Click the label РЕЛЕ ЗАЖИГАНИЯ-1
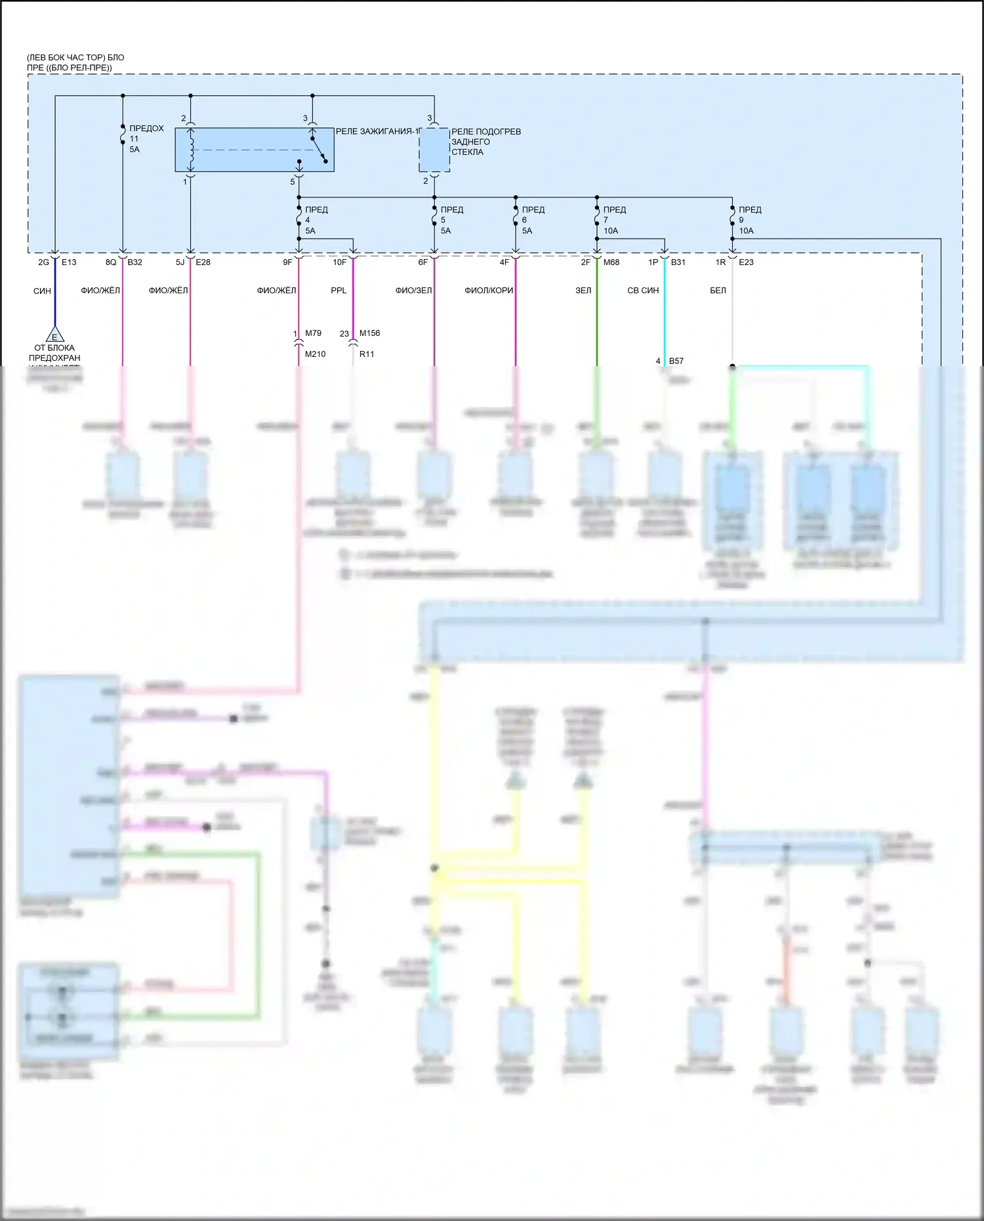[x=376, y=132]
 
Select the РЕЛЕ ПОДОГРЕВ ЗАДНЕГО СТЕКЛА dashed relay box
[x=434, y=150]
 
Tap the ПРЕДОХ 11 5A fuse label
[x=146, y=138]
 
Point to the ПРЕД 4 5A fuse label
[x=316, y=220]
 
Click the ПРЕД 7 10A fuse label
[x=614, y=220]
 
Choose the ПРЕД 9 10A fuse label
[x=749, y=220]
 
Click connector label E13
[x=69, y=262]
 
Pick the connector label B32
[x=134, y=262]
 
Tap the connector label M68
[x=611, y=262]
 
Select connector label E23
[x=746, y=262]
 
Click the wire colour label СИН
[x=42, y=291]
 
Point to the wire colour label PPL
[x=338, y=291]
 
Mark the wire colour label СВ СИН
[x=643, y=291]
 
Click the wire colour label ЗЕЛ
[x=583, y=291]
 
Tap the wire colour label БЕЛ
[x=718, y=291]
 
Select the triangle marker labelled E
[x=54, y=335]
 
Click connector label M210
[x=315, y=354]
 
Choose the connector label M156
[x=369, y=333]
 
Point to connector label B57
[x=676, y=361]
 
